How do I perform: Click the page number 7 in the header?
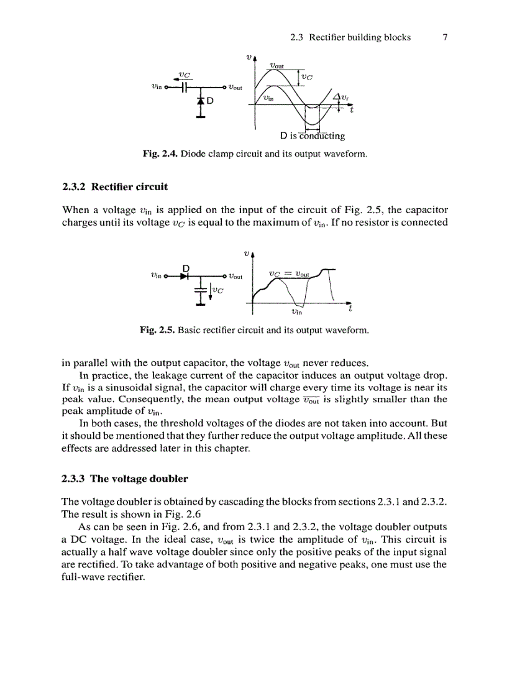coord(445,37)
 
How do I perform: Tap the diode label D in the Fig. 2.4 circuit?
coord(210,102)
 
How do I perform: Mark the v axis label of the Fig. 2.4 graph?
coord(249,57)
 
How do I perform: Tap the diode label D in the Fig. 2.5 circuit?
coord(185,269)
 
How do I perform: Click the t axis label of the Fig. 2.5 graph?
coord(350,309)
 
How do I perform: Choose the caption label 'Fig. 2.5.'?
coord(158,331)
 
